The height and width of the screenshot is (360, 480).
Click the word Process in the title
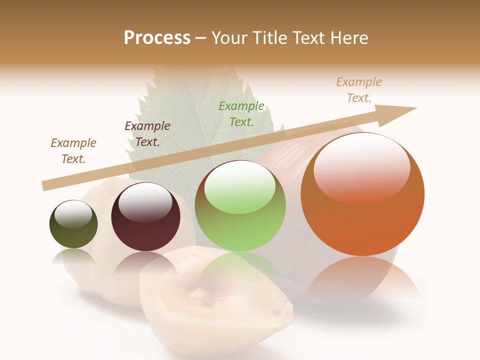click(157, 38)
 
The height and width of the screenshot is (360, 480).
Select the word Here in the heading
click(348, 38)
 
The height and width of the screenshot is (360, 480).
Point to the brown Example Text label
click(73, 150)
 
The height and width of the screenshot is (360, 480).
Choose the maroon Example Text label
click(147, 133)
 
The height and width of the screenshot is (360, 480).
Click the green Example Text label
click(241, 113)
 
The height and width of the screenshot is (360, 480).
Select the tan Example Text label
click(359, 89)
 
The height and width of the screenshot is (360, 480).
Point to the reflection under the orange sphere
click(362, 280)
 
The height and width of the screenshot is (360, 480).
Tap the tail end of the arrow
click(46, 185)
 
